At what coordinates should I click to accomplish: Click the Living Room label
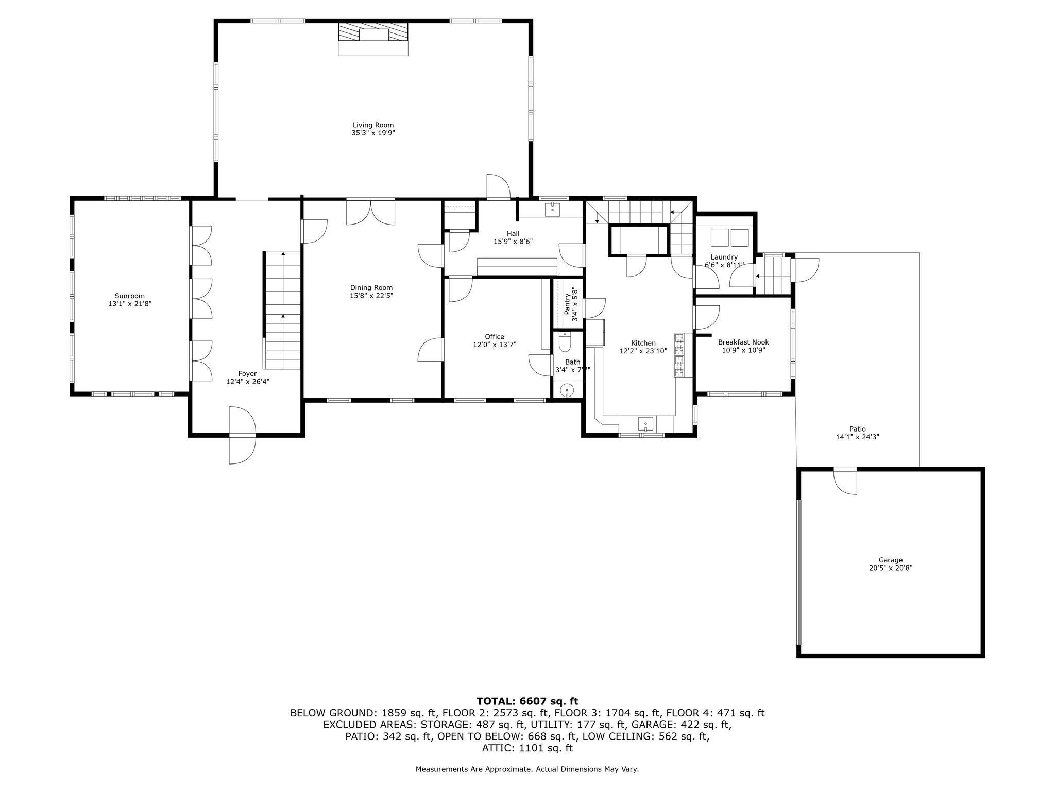coord(373,125)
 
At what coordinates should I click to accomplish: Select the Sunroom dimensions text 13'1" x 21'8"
coord(129,304)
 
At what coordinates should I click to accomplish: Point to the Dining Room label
coord(371,288)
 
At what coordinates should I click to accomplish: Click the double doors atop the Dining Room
coord(370,213)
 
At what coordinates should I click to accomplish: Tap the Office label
coord(495,337)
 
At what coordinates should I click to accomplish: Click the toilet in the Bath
coord(565,342)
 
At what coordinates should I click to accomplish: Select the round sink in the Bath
coord(567,390)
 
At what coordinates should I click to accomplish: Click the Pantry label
coord(567,304)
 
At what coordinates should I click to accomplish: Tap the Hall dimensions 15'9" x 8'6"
coord(513,242)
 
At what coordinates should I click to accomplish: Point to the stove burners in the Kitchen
coord(679,355)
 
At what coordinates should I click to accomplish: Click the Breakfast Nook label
coord(743,342)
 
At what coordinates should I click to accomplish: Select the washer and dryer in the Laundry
coord(729,238)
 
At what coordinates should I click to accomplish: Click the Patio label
coord(857,429)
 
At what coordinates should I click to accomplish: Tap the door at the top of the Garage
coord(845,481)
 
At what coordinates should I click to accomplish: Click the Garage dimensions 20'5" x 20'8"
coord(890,568)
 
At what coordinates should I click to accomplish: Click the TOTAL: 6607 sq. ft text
coord(527,701)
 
